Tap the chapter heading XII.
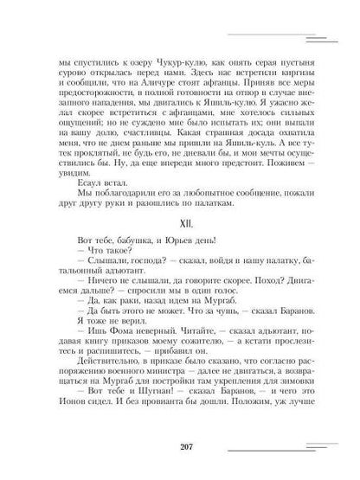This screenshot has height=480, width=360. [179, 253]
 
